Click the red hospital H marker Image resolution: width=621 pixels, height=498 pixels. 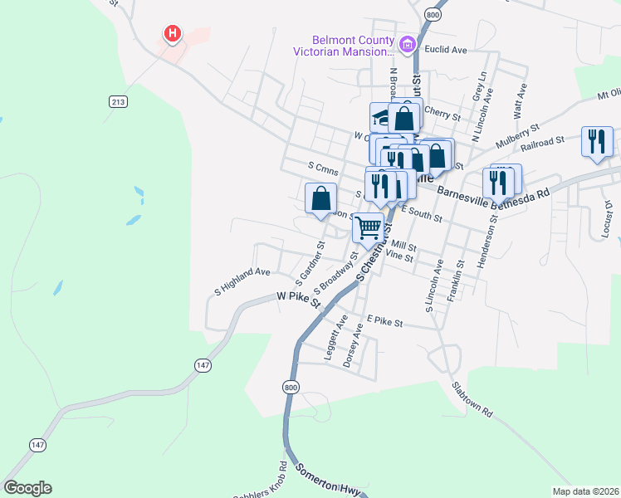point(172,34)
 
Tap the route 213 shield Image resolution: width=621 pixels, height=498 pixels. point(118,101)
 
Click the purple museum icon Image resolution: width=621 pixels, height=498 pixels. point(407,45)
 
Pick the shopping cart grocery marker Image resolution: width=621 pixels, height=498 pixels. point(369,227)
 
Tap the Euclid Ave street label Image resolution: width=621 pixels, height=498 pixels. point(447,50)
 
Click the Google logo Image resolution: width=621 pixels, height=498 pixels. point(27,488)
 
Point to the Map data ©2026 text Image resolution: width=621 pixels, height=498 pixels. point(585,491)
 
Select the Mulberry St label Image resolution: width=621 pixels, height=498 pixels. point(517,136)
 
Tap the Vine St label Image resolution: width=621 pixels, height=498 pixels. point(400,257)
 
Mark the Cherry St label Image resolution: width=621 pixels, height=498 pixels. point(442,112)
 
